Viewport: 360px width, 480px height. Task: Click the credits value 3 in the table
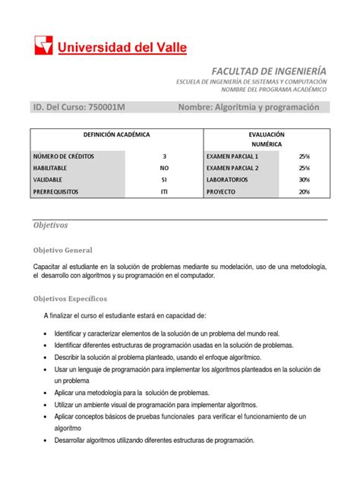coord(164,156)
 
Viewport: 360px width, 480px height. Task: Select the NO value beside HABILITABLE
coord(164,168)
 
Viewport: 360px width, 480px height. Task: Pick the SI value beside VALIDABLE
coord(164,180)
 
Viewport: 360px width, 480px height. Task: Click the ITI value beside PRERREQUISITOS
coord(164,192)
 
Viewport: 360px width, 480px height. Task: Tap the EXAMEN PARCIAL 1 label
coord(232,156)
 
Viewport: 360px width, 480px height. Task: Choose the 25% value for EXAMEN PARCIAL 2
coord(304,168)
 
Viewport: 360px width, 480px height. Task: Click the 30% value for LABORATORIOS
coord(304,180)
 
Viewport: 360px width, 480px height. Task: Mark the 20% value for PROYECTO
coord(304,192)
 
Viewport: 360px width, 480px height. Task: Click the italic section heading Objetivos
coord(50,226)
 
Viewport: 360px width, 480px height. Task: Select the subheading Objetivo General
coord(62,250)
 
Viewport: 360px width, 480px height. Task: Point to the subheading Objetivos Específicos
coord(70,298)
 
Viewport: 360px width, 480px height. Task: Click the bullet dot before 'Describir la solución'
coord(48,357)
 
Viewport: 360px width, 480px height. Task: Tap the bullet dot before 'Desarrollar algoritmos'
coord(48,441)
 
